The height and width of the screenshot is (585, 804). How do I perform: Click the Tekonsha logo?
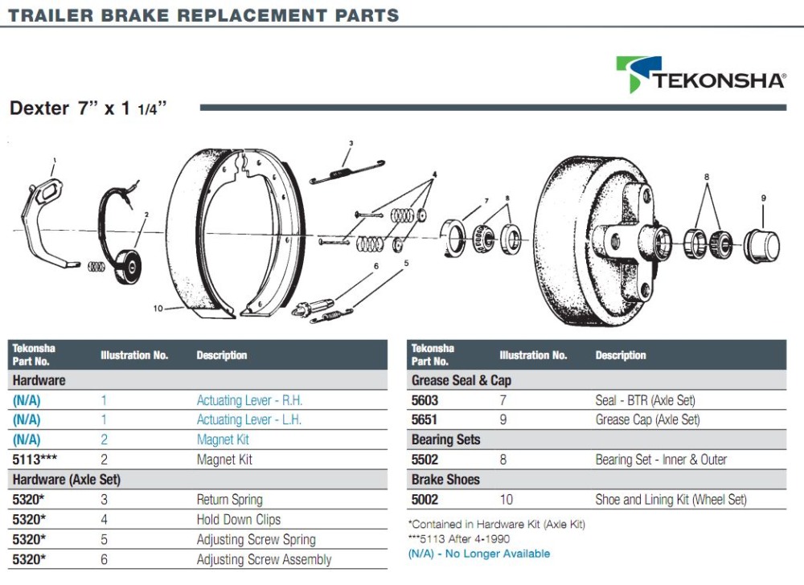(700, 76)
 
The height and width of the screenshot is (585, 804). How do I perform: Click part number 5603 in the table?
(424, 400)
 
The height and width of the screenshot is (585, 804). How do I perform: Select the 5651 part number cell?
(424, 419)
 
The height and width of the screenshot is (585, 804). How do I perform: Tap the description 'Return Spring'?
(229, 500)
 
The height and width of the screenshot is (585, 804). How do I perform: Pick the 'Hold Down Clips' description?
(239, 520)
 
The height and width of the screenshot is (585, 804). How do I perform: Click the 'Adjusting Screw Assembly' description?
(264, 559)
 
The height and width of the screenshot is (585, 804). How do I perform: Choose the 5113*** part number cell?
(33, 460)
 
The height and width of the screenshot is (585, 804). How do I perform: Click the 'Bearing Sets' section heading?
(445, 440)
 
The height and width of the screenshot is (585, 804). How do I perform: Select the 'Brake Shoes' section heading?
(445, 480)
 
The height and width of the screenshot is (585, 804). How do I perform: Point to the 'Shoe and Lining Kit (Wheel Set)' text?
(671, 500)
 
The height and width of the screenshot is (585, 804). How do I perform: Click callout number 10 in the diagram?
(157, 307)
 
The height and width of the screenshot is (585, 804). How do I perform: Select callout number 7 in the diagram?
(486, 200)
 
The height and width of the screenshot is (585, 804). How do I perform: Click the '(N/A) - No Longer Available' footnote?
(479, 554)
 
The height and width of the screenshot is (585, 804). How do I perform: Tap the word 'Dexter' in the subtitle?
(39, 108)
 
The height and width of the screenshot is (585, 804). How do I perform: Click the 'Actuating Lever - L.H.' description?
(249, 419)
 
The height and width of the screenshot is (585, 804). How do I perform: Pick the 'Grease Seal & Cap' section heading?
(461, 380)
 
